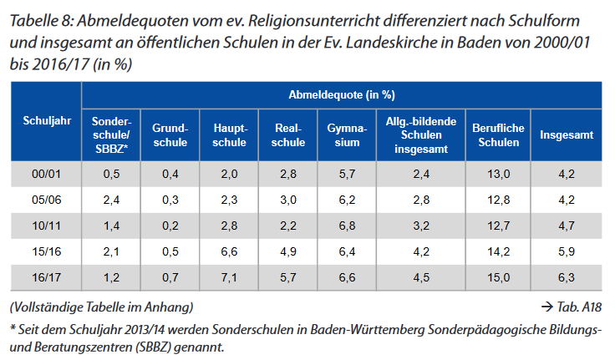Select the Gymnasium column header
[342, 135]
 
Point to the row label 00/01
[43, 174]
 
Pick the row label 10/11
[43, 226]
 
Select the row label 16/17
[43, 276]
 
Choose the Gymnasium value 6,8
[342, 226]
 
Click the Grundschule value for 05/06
[170, 200]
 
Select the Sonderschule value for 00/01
[111, 174]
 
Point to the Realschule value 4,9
[287, 251]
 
